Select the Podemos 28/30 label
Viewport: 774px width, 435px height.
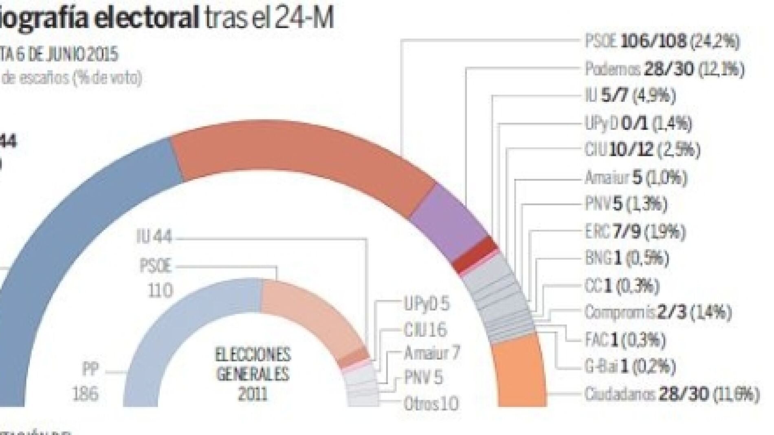(x=664, y=69)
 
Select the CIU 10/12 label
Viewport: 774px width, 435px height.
(x=642, y=150)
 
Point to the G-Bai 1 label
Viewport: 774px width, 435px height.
(x=630, y=367)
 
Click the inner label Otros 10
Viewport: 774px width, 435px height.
(x=431, y=404)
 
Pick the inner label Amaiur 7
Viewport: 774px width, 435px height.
(x=432, y=353)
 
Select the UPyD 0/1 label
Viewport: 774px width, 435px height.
(x=638, y=123)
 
